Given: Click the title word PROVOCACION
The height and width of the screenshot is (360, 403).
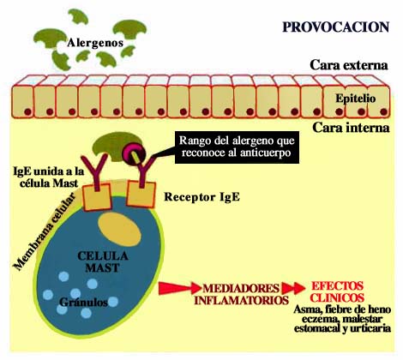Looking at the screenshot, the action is point(336,27).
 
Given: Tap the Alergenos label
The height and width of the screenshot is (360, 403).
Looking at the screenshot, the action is point(95,43).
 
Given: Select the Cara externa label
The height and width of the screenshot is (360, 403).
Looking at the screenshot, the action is point(349,65).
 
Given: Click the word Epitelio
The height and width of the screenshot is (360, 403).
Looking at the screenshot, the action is point(356,99).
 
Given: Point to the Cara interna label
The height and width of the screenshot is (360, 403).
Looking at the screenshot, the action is point(351,128).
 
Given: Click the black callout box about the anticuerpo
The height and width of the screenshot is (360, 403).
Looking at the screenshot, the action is point(237,147).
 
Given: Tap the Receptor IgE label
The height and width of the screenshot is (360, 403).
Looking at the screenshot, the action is point(201,197).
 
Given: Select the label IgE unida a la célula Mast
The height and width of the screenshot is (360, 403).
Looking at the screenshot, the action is point(49,177).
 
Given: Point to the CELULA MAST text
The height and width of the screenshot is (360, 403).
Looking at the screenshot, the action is point(103,261).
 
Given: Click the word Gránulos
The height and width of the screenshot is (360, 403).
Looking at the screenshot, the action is point(83,303).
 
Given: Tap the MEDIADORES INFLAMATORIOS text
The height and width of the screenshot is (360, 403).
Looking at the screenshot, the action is point(241,294).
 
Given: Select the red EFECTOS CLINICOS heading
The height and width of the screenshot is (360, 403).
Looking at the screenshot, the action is point(337,291).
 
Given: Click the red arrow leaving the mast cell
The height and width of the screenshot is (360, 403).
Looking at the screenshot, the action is point(179,288).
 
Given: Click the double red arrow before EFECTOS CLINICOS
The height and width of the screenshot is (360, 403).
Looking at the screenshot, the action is point(293,288).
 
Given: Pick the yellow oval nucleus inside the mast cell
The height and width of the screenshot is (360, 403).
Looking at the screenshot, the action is point(119,230).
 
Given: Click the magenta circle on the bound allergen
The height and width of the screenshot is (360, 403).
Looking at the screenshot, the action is point(134,153).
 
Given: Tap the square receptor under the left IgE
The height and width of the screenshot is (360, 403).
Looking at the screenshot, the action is point(97,197).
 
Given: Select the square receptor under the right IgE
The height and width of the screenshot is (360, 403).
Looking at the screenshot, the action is point(141,194).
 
